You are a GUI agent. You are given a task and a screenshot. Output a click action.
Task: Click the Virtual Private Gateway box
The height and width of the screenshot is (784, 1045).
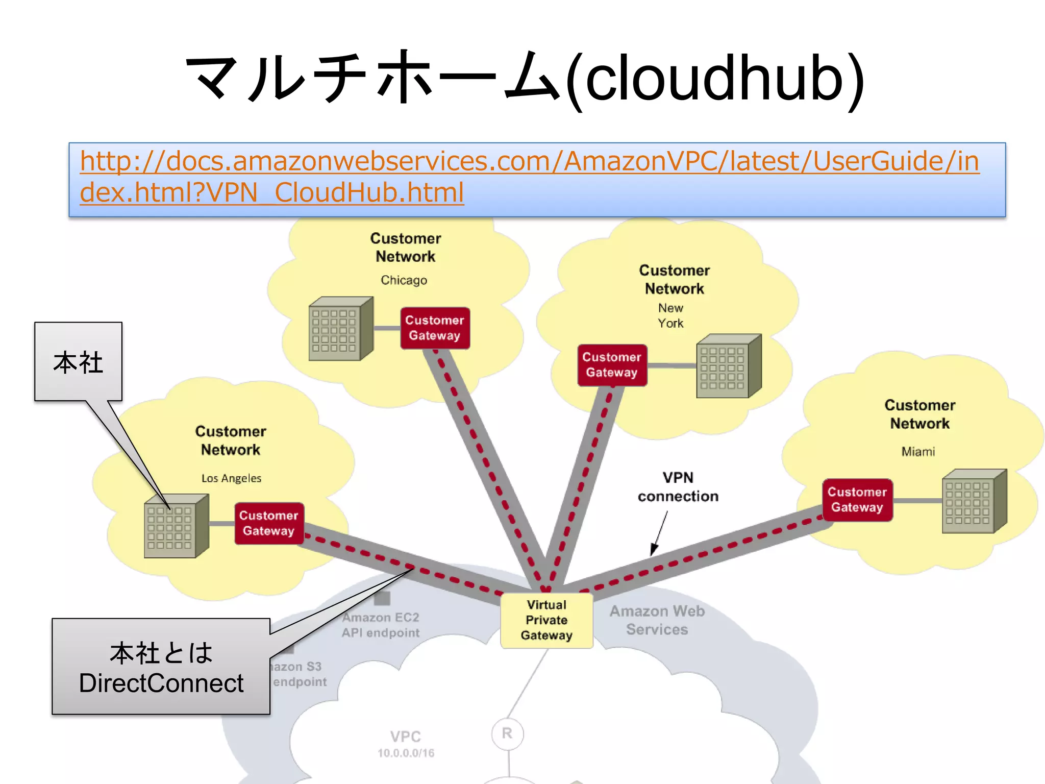546,620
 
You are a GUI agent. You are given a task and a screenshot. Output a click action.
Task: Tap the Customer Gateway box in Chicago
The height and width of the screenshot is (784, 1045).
435,328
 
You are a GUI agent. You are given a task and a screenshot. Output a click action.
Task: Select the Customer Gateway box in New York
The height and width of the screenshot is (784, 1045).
612,365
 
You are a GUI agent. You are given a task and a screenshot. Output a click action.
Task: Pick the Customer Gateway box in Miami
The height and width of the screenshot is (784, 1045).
857,500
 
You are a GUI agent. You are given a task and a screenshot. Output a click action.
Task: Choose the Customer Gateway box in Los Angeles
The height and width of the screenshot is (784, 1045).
269,523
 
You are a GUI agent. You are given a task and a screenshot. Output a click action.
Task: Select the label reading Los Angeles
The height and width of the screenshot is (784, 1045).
231,478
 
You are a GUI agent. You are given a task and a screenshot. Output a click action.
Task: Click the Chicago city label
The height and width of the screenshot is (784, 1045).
404,280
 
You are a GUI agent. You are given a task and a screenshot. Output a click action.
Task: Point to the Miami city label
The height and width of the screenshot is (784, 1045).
918,452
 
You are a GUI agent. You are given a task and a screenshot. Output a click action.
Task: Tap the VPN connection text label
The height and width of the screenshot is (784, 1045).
678,487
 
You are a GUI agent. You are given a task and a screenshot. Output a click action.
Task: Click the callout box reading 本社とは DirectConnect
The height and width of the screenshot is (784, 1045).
161,667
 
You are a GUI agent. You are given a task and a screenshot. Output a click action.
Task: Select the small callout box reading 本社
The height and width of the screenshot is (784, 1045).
78,361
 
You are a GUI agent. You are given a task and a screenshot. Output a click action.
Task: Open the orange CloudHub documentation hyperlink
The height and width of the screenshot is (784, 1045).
529,177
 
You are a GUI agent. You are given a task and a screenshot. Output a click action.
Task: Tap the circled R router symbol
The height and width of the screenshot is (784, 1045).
507,733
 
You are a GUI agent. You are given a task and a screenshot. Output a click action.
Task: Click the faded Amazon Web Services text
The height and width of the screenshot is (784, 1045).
657,620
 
